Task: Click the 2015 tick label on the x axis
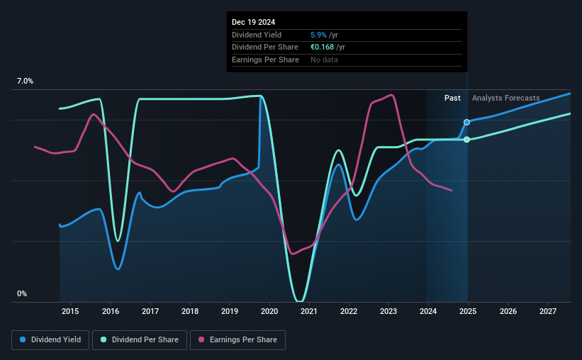click(x=70, y=311)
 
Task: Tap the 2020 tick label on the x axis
click(x=269, y=311)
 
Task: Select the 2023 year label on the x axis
click(x=388, y=311)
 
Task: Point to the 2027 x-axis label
click(x=547, y=311)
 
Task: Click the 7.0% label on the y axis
click(x=25, y=81)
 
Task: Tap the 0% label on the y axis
click(x=22, y=293)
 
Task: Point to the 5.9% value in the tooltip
click(x=320, y=35)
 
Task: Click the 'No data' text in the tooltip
click(x=324, y=60)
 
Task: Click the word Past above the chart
click(x=452, y=98)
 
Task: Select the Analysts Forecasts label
click(x=505, y=98)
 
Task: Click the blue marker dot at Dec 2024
click(x=466, y=122)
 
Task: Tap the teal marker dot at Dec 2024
click(x=466, y=140)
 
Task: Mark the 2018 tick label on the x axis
click(x=189, y=311)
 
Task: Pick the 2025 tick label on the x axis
click(x=468, y=311)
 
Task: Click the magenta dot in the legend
click(x=201, y=340)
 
